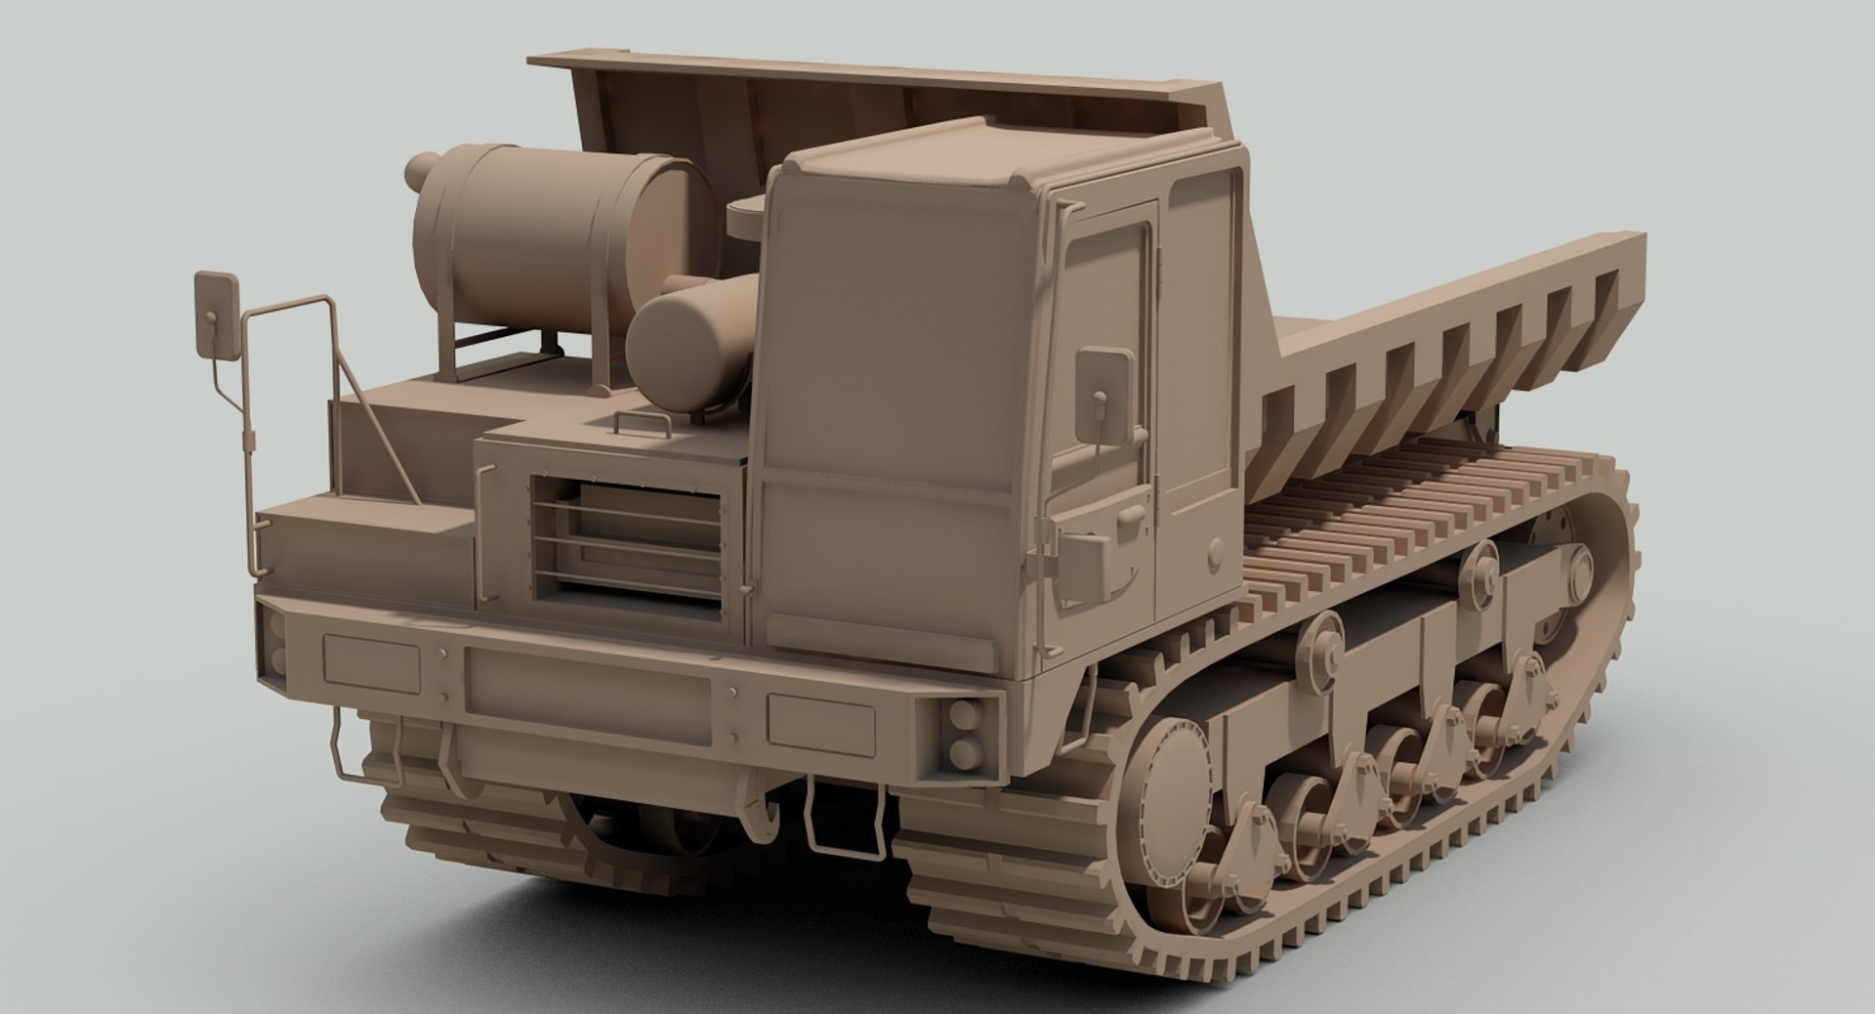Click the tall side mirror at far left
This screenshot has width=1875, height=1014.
coord(217,315)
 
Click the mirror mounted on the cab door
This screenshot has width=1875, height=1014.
coord(1104,395)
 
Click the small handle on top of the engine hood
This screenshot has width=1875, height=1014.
coord(642,422)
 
